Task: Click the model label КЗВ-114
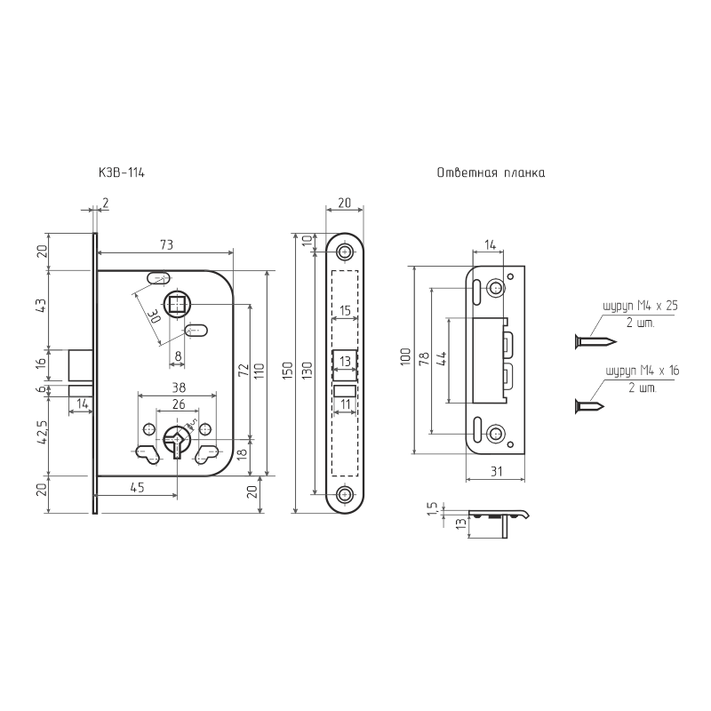click(x=122, y=172)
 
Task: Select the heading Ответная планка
click(x=491, y=172)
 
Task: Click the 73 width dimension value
click(x=166, y=245)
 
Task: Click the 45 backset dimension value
click(x=137, y=487)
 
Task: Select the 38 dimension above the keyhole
click(x=179, y=387)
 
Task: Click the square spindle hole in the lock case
click(x=177, y=303)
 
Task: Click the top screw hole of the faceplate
click(x=345, y=252)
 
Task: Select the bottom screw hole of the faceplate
click(x=345, y=494)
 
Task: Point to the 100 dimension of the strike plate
click(x=406, y=356)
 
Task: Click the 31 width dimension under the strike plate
click(x=497, y=471)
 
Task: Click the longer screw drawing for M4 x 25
click(x=595, y=341)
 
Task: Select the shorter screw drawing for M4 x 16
click(x=589, y=406)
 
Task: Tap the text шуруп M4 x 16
click(x=643, y=371)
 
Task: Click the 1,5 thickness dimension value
click(x=433, y=507)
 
